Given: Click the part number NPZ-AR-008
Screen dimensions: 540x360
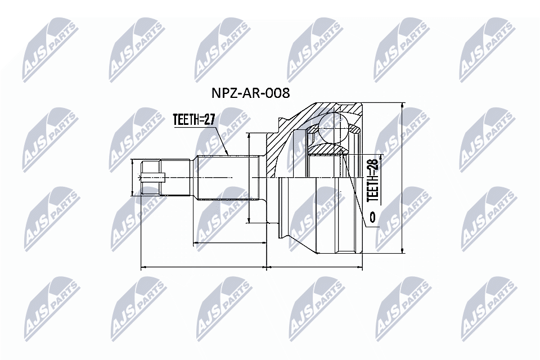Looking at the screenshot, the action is (x=250, y=93).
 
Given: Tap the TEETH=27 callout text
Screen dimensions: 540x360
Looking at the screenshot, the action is (x=194, y=120).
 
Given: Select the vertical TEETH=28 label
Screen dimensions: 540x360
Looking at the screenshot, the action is (x=373, y=179).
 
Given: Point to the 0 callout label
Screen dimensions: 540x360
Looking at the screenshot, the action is (x=372, y=217).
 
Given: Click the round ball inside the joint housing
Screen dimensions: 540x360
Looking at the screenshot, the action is (x=334, y=128).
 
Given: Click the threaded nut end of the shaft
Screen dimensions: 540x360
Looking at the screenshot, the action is (x=151, y=177).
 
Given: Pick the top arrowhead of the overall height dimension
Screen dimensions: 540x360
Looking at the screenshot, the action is (x=402, y=105).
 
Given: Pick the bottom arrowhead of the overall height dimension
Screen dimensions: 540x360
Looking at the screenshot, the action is (x=402, y=251).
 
